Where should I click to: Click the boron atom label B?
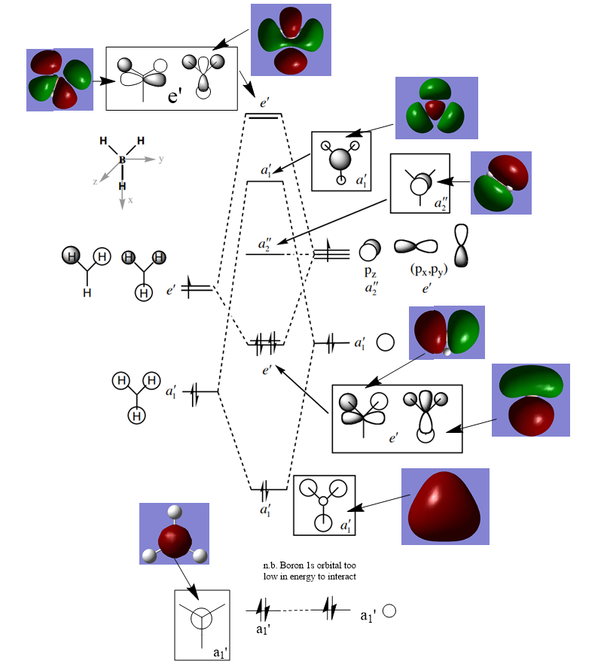(x=122, y=160)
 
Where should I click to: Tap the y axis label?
(x=162, y=160)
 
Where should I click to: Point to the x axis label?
(x=130, y=200)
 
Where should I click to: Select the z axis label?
(x=95, y=181)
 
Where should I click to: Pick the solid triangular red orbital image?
(x=444, y=506)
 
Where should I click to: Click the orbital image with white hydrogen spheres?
(x=174, y=535)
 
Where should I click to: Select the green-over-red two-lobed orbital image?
(x=530, y=400)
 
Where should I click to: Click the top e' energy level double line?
(x=264, y=116)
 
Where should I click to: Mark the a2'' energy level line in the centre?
(x=264, y=254)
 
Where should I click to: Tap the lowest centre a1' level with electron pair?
(x=268, y=489)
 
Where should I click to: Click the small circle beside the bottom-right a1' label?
(x=389, y=611)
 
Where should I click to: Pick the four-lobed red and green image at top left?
(x=59, y=80)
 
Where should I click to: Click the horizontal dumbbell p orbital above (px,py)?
(x=416, y=247)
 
